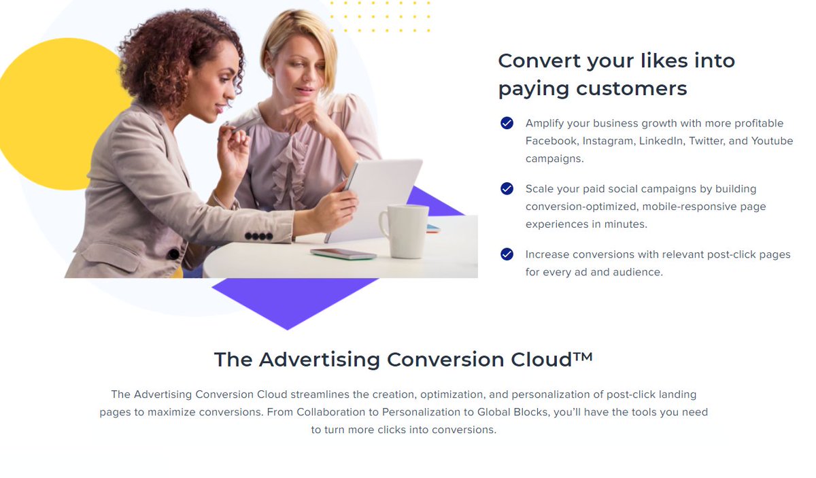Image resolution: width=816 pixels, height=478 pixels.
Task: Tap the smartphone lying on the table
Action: [x=343, y=254]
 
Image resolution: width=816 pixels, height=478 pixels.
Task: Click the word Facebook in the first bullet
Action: [x=551, y=141]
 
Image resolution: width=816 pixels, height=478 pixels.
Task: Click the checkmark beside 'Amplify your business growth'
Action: [x=507, y=123]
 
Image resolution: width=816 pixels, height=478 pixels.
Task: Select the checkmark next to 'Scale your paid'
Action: [x=507, y=188]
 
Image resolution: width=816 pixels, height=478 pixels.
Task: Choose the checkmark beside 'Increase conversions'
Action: [x=507, y=254]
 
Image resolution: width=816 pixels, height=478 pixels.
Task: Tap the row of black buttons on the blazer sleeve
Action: [x=258, y=237]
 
